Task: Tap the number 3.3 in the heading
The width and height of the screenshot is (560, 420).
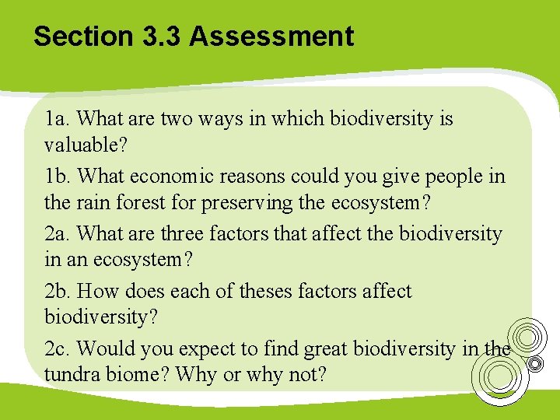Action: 159,37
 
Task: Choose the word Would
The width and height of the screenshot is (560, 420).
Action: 103,349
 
